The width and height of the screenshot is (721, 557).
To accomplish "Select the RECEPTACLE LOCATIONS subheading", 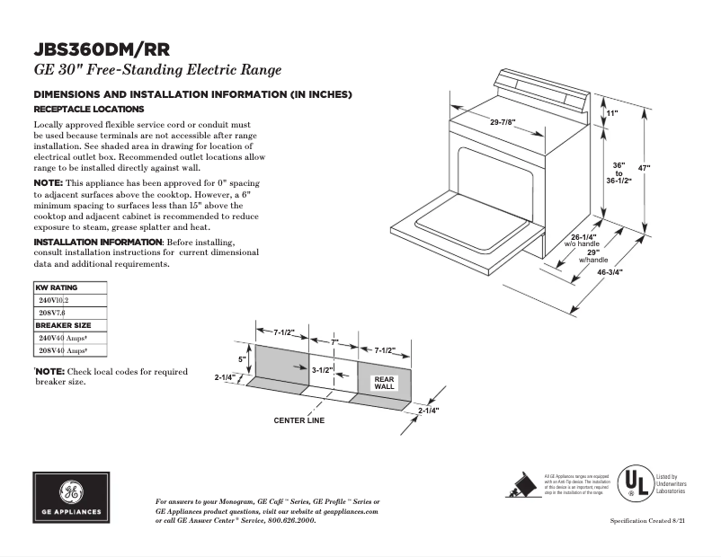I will (88, 109).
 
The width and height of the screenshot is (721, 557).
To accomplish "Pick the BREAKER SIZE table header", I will (61, 325).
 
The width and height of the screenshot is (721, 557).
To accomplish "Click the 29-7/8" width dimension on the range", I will (508, 122).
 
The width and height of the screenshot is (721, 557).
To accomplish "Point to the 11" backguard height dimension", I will (612, 114).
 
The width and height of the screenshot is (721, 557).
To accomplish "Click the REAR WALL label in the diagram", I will (384, 383).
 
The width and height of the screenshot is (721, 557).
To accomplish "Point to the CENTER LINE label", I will (298, 420).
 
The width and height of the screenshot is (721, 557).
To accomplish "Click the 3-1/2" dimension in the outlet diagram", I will (322, 369).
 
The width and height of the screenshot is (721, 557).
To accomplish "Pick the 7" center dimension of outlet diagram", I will (334, 342).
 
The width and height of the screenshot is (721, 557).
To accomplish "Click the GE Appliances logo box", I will (70, 497).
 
